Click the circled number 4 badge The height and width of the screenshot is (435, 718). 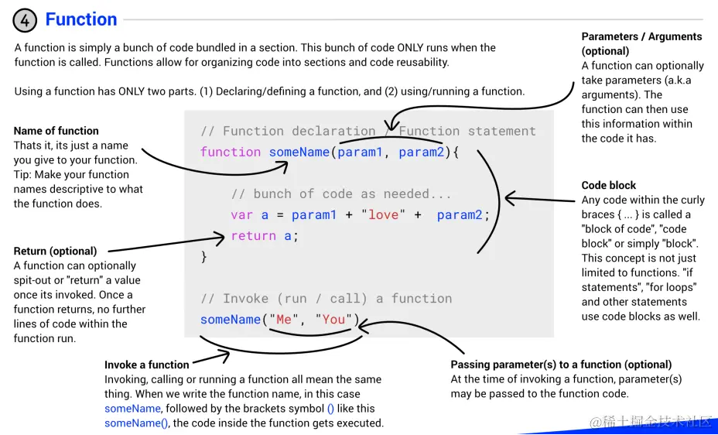(25, 19)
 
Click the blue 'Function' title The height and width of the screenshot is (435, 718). (81, 19)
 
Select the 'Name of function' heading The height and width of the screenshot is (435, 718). (56, 131)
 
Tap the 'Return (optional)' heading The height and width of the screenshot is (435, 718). (56, 251)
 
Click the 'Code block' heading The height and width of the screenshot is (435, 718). (609, 186)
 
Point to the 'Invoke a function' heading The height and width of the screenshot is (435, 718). (147, 365)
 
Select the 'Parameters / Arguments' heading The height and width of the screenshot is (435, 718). (641, 36)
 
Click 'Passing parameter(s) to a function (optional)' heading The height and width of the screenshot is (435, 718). (561, 365)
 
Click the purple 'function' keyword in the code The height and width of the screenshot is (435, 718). (231, 152)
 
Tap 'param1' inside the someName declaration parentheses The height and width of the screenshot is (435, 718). (360, 152)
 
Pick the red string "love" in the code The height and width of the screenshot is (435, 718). (383, 215)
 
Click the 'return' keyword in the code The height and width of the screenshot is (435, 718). (253, 236)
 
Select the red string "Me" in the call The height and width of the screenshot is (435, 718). (283, 320)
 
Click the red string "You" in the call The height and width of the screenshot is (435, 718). (333, 320)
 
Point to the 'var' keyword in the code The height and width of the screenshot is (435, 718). (241, 215)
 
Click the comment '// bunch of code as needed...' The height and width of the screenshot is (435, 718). (341, 194)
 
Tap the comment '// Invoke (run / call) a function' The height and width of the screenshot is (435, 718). (326, 299)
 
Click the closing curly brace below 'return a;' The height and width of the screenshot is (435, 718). (204, 257)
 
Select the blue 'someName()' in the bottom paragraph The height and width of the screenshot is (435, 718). (136, 423)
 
